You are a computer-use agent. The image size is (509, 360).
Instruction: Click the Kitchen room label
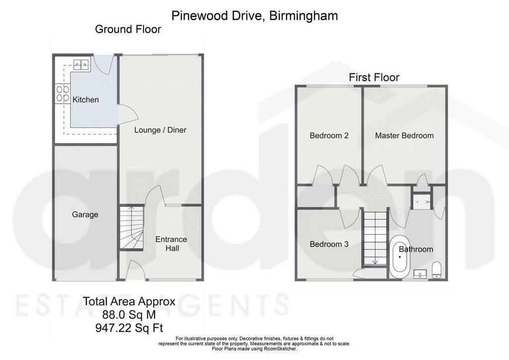[85, 99]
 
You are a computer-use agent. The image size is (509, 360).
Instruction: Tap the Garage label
[85, 215]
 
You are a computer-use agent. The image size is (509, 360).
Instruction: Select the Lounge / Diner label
[161, 130]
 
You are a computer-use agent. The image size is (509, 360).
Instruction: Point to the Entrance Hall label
[171, 244]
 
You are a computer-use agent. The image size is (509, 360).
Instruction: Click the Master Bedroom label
[405, 136]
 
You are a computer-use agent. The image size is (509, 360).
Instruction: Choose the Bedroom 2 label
[329, 136]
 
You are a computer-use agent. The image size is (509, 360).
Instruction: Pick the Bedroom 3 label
[329, 244]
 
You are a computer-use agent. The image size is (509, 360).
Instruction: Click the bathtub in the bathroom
[400, 257]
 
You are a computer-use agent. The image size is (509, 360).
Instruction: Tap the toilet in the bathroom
[436, 270]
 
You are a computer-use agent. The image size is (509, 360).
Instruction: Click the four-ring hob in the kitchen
[63, 93]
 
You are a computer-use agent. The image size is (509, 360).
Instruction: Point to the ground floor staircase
[131, 228]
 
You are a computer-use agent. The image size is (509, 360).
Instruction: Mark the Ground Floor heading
[128, 29]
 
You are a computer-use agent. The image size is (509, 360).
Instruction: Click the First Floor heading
[374, 78]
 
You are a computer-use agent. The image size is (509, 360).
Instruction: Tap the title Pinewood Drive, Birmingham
[254, 15]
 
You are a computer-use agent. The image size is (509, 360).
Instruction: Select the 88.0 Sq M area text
[129, 315]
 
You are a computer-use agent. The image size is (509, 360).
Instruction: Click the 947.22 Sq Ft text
[129, 328]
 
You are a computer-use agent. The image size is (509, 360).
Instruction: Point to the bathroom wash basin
[421, 275]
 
